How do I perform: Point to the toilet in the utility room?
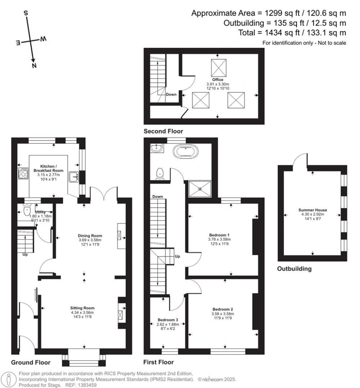pos(27,211)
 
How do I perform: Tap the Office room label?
pos(218,80)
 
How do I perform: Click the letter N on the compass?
pos(34,66)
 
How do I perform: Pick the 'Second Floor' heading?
pos(163,131)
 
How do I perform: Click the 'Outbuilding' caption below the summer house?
pos(294,269)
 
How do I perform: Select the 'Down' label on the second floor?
pos(171,94)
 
